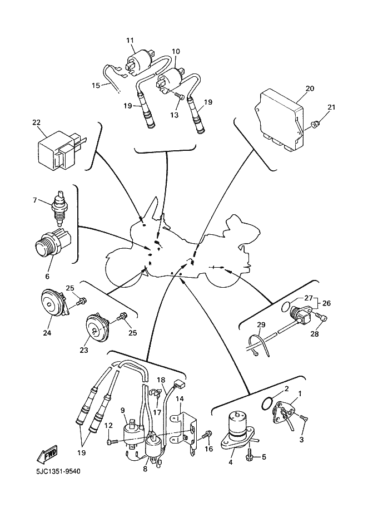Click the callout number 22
36,122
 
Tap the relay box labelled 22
58,149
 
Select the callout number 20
310,88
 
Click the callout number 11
130,41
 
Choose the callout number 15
96,85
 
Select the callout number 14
179,398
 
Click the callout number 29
261,324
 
